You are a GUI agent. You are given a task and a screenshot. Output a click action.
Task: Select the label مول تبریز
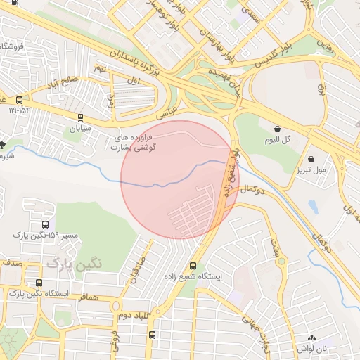tap(311, 170)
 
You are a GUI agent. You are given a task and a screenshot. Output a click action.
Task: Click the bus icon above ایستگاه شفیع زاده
tap(193, 265)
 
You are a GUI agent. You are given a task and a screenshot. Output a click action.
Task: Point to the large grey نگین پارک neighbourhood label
tap(75, 262)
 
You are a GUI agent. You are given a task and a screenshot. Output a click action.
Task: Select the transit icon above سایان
tap(80, 117)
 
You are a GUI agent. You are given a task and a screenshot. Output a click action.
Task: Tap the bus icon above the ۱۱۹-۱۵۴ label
tap(19, 100)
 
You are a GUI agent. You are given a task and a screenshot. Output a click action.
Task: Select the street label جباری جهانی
tap(256, 329)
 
